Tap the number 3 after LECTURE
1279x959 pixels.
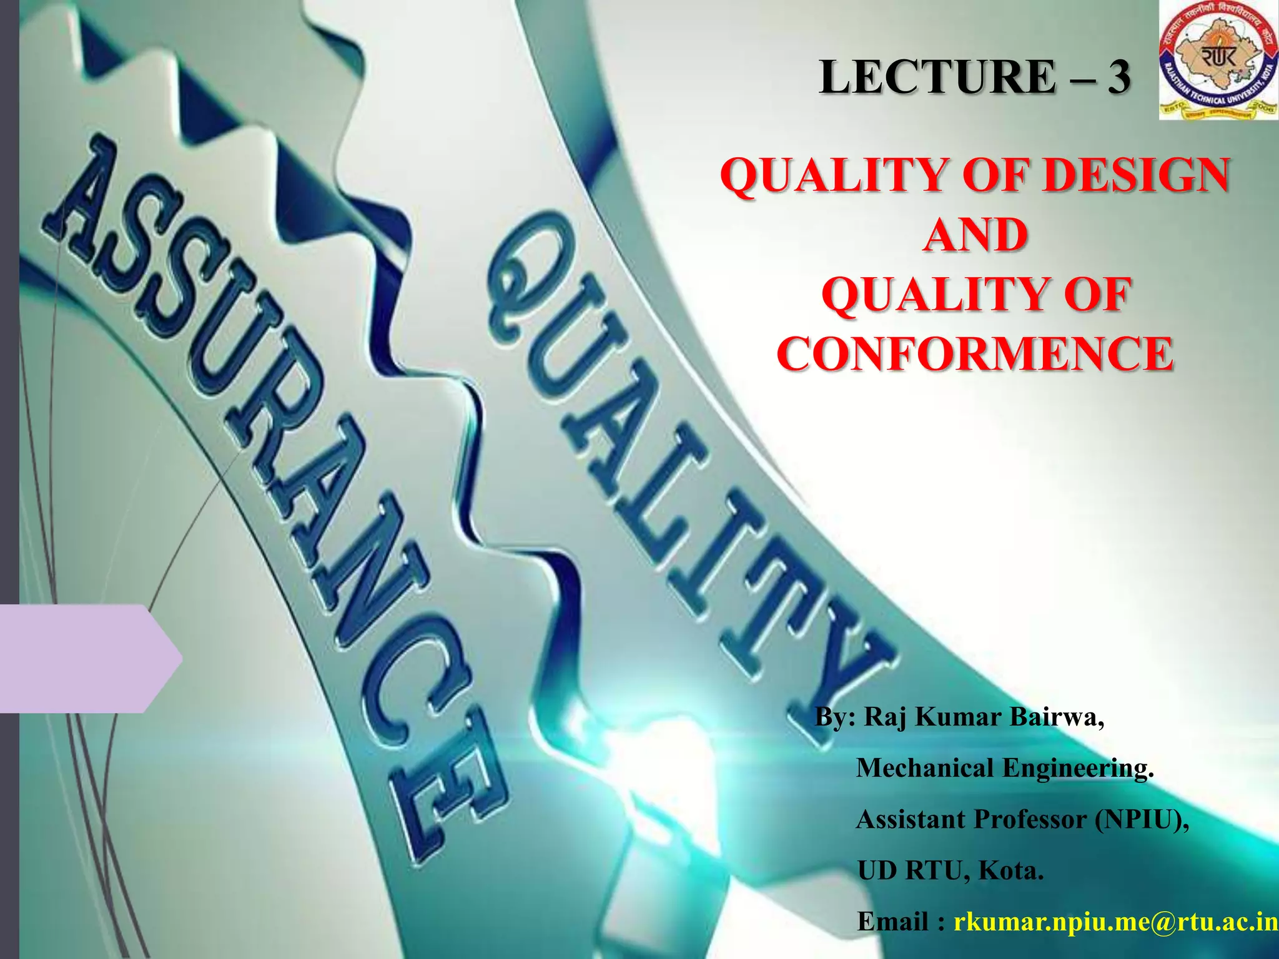point(1119,77)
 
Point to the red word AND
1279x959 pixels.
point(975,235)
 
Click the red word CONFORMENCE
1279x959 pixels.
point(975,354)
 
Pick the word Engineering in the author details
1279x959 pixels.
point(1077,768)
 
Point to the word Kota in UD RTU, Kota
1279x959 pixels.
point(1010,870)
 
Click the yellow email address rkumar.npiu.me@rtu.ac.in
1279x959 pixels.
point(1115,922)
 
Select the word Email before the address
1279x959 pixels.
point(893,922)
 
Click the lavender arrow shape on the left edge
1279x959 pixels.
point(87,658)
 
